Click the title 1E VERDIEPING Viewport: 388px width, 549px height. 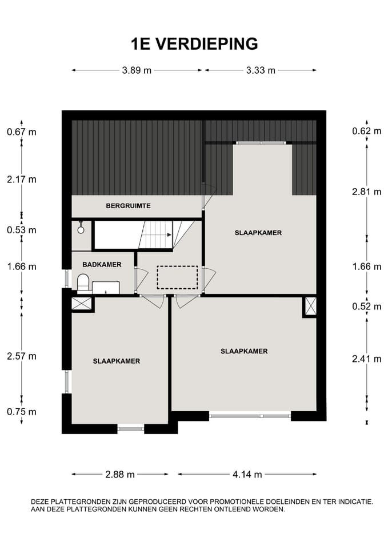point(194,43)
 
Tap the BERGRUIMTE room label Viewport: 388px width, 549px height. point(128,206)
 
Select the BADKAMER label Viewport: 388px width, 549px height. point(102,264)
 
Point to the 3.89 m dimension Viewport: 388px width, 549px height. point(137,70)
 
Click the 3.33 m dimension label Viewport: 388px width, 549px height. point(261,70)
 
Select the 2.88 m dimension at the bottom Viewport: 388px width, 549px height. point(121,474)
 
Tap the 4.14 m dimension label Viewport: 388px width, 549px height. point(247,474)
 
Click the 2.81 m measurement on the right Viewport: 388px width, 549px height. point(367,192)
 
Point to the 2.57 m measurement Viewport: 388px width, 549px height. point(22,356)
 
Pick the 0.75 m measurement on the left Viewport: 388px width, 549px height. point(22,412)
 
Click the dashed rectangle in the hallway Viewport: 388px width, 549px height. point(177,277)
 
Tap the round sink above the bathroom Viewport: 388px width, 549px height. point(81,229)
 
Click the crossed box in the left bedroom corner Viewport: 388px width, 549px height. point(82,303)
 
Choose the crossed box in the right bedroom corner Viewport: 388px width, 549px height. point(310,307)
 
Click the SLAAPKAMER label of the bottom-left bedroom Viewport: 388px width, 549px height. point(117,361)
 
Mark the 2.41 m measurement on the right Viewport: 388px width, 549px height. point(367,359)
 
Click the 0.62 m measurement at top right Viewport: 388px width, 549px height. point(367,131)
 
